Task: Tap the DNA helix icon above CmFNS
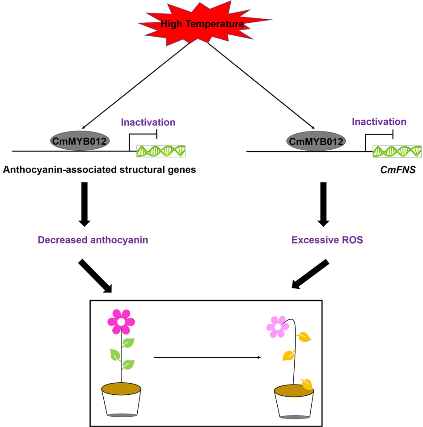[x=397, y=152]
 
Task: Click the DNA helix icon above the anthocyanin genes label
[x=161, y=151]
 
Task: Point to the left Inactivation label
[x=148, y=122]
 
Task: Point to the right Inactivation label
[x=379, y=122]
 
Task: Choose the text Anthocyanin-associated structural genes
[x=99, y=170]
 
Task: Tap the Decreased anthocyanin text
[x=93, y=240]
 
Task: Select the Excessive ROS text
[x=327, y=240]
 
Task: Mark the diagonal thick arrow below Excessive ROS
[x=310, y=275]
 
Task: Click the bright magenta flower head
[x=121, y=321]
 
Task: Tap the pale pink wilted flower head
[x=278, y=327]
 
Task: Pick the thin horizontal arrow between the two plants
[x=207, y=357]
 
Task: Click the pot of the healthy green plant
[x=121, y=400]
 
